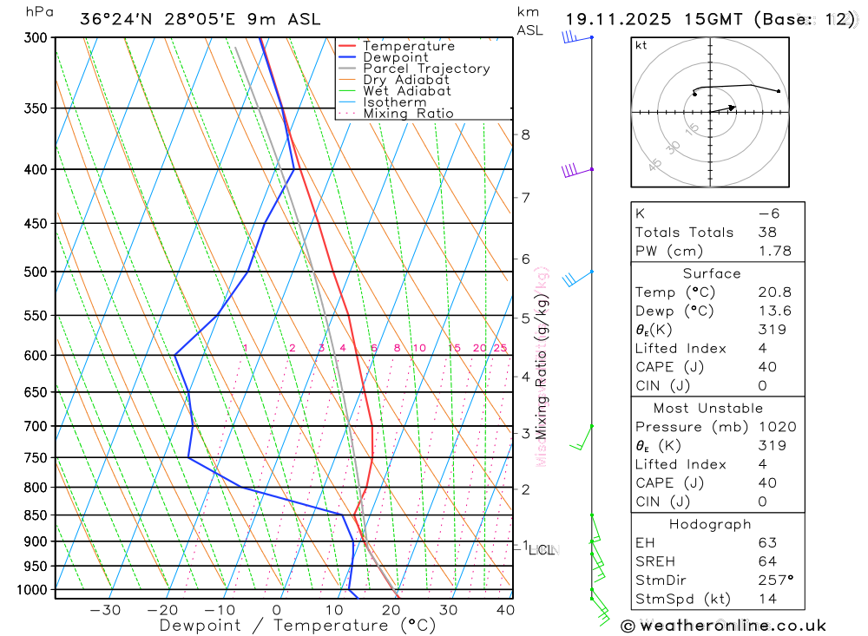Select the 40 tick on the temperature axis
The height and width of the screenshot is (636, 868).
click(x=504, y=610)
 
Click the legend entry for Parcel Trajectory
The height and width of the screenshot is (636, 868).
click(x=426, y=69)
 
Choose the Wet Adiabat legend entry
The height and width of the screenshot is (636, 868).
click(x=406, y=91)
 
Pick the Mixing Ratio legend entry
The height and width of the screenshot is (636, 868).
click(x=408, y=114)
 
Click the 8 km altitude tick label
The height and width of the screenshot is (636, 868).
click(x=525, y=134)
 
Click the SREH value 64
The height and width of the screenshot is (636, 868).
click(x=766, y=561)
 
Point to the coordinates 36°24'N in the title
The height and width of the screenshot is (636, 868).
click(x=116, y=19)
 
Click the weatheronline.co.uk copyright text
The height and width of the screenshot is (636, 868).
click(x=724, y=626)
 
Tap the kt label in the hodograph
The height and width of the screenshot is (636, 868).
click(x=641, y=45)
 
